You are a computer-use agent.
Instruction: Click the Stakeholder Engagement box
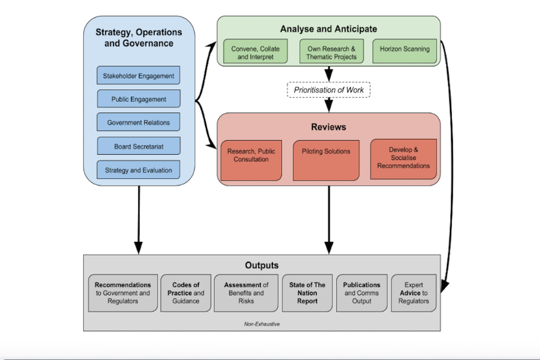138,76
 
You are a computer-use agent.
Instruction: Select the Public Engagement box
138,99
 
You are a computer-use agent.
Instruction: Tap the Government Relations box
138,122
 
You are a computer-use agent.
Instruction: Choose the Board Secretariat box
138,146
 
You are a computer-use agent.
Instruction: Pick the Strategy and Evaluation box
138,169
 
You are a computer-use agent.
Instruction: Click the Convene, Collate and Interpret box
255,53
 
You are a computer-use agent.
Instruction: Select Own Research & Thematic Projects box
331,53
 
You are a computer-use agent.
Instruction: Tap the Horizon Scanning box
404,49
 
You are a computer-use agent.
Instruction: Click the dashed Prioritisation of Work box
329,89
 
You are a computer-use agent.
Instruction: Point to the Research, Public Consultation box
251,160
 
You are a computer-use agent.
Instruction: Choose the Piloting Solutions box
326,160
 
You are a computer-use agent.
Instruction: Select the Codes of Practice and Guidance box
186,293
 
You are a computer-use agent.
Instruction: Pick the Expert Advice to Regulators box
413,293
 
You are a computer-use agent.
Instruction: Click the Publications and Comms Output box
362,293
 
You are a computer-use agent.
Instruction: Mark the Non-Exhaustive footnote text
263,324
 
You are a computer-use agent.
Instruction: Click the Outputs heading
262,265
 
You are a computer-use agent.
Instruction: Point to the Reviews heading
328,127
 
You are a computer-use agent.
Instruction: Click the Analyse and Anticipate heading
328,29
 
